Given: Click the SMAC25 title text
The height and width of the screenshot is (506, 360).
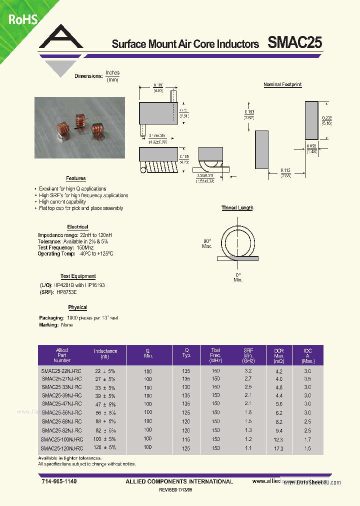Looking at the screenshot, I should (x=294, y=43).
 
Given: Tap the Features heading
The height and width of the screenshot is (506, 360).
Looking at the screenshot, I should (x=76, y=178).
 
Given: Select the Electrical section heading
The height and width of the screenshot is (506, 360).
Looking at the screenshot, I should (x=77, y=227).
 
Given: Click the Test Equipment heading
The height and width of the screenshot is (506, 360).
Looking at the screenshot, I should (x=78, y=276).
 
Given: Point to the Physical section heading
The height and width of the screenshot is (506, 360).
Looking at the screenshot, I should (x=77, y=307).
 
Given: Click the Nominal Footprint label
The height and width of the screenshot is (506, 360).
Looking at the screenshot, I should (x=282, y=85).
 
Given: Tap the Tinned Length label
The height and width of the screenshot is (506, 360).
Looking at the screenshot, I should (x=237, y=208).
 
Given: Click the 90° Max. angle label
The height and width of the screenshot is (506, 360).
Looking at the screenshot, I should (x=207, y=243).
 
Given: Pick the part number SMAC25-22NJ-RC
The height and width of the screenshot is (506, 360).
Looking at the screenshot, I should (x=61, y=371).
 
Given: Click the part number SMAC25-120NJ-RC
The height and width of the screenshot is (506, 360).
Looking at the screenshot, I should (x=61, y=448).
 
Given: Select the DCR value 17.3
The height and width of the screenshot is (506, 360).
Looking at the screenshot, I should (x=278, y=448).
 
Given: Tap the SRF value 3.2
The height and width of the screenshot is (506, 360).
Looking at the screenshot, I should (x=248, y=371).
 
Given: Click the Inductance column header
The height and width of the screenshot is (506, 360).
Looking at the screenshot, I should (x=105, y=354).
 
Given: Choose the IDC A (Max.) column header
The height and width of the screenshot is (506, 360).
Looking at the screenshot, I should (x=308, y=355).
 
